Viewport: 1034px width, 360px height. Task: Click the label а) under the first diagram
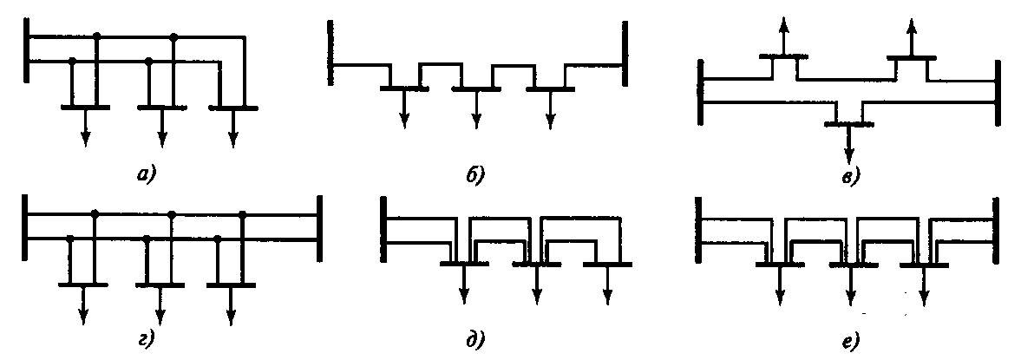(x=145, y=175)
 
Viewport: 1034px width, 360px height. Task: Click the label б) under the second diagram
(x=475, y=175)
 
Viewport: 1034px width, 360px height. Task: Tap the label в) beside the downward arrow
(x=850, y=178)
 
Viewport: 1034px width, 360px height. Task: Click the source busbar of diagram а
(x=29, y=50)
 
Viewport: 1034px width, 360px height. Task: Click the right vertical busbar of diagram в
(x=998, y=91)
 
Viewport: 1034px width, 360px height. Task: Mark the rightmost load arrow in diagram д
(x=608, y=282)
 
